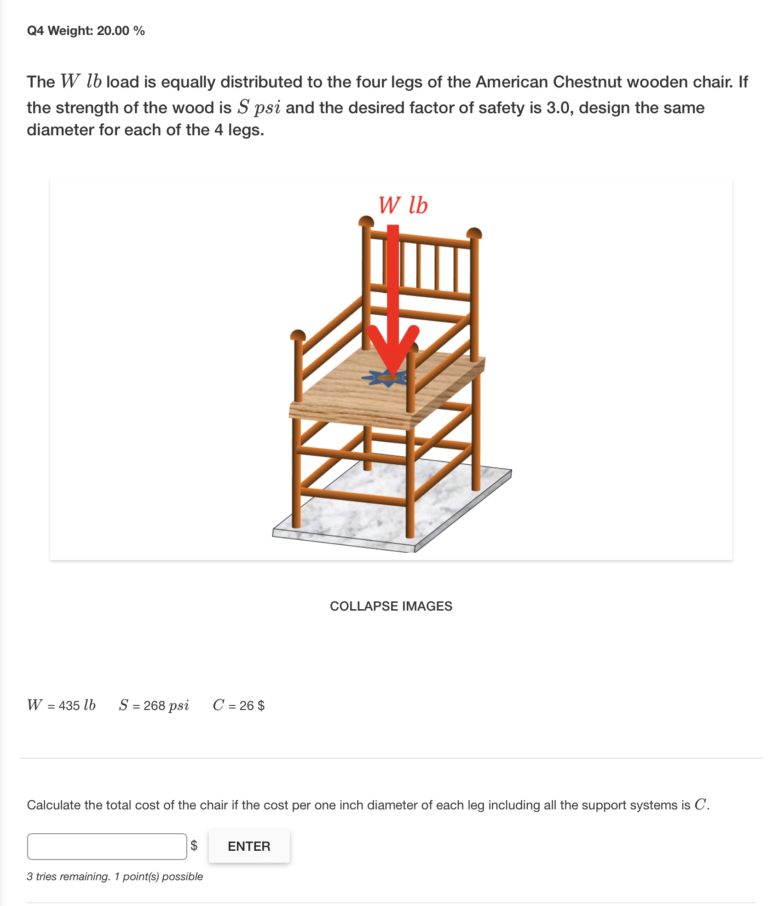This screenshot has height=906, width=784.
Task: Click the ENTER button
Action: pos(249,846)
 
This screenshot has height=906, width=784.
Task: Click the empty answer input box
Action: pos(107,846)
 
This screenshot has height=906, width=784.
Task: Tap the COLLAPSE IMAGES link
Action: pos(391,606)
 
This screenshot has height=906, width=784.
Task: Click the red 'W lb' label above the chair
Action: pos(403,205)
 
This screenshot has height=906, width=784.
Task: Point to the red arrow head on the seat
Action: pos(392,350)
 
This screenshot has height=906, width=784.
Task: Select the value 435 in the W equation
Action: pos(69,705)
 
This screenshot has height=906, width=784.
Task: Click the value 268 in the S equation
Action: pos(154,705)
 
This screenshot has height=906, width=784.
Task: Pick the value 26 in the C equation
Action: pos(247,705)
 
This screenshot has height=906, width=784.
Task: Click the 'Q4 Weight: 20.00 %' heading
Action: pos(86,30)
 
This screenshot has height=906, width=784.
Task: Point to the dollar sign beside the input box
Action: pos(194,845)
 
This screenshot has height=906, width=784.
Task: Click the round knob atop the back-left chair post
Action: pos(366,221)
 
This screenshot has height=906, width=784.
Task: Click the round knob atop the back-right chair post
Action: pos(474,232)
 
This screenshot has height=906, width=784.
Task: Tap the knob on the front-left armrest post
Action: pos(298,335)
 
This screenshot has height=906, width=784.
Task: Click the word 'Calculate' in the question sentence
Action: pos(53,805)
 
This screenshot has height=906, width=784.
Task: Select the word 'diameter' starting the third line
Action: pos(60,130)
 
